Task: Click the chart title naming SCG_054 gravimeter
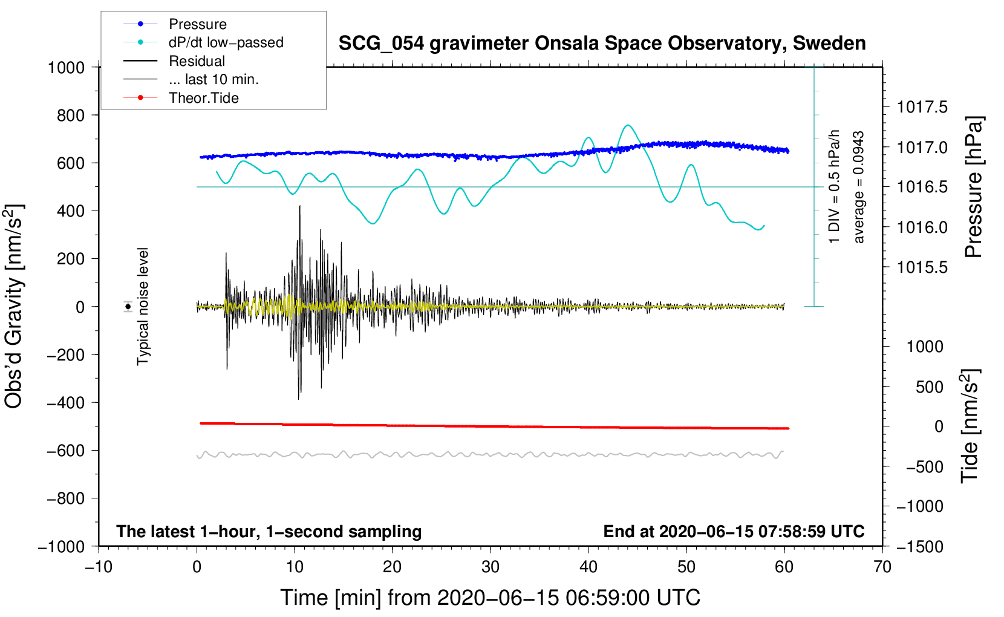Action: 602,44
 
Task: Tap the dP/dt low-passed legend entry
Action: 226,42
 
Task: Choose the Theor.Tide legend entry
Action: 203,98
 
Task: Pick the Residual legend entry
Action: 197,61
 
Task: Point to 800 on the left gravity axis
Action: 70,115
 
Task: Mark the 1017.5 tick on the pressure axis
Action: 922,108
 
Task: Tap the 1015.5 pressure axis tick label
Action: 922,267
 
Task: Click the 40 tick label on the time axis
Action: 588,567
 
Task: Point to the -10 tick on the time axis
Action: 99,567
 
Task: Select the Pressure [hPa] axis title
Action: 973,187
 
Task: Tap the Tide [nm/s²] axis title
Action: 970,426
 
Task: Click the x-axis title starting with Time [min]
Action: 490,598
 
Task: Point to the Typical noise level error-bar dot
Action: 128,307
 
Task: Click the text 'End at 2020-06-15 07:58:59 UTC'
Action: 734,531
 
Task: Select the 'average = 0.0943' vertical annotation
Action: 858,187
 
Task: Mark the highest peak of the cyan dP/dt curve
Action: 628,125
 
